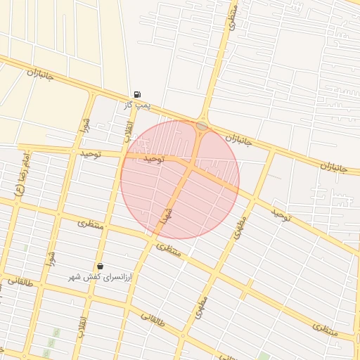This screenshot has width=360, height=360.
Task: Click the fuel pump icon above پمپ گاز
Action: click(136, 94)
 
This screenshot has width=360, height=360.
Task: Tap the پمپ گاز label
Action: click(137, 105)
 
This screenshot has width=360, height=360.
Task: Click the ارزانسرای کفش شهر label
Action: click(105, 277)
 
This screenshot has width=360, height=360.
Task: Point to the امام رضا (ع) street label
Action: click(22, 175)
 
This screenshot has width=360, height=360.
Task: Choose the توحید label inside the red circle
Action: click(153, 160)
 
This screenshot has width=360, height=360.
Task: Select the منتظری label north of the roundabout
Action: click(233, 17)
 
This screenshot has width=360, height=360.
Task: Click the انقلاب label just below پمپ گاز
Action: click(129, 130)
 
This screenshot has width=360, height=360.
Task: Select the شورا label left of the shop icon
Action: click(51, 257)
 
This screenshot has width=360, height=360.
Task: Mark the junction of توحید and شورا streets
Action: click(73, 150)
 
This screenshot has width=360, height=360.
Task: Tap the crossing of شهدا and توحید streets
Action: click(191, 166)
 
